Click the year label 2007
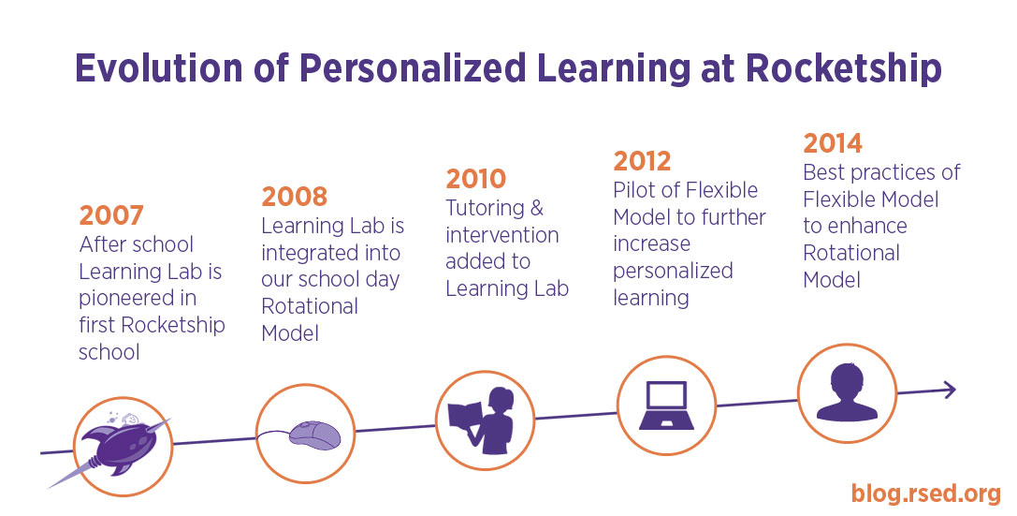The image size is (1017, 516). pos(111,215)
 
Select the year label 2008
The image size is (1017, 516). pos(295,197)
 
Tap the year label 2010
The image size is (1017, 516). pos(475,179)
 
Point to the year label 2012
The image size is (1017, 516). pos(642,161)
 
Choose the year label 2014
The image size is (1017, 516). pos(833,143)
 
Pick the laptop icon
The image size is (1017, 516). pos(666,405)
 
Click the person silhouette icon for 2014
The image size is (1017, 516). pos(847,391)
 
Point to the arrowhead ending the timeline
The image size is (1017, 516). pos(950,390)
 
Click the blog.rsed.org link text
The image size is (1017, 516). pos(926,494)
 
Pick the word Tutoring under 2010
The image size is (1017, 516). pos(485,208)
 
